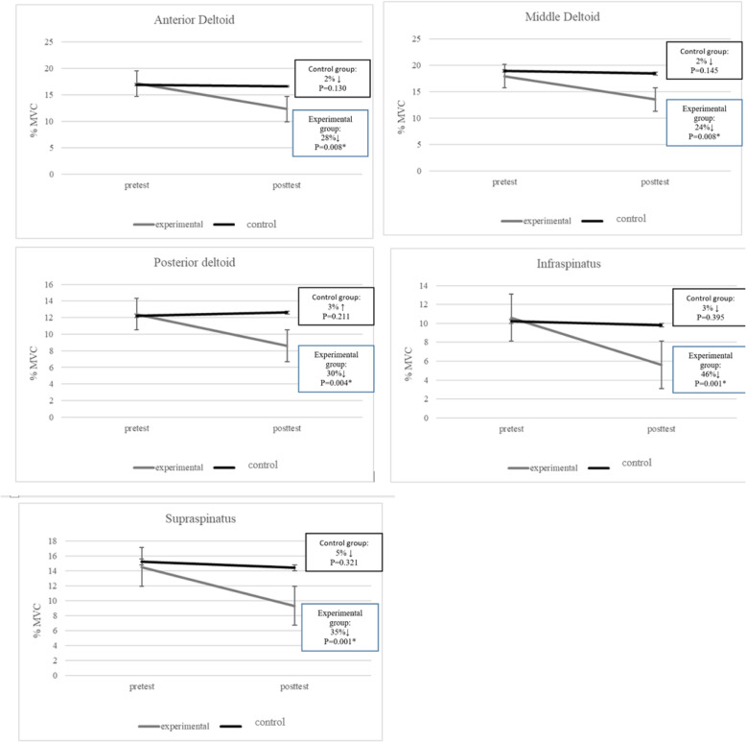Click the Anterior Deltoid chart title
[x=187, y=20]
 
